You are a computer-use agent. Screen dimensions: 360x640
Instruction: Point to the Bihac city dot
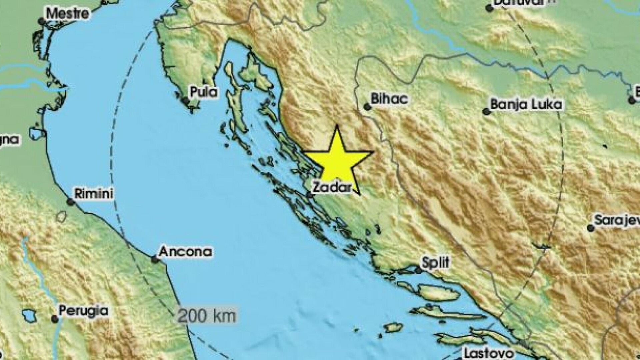tap(367, 107)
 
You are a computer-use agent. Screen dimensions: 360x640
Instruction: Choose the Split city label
tap(436, 262)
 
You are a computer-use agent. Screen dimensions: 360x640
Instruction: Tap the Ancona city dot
tap(155, 259)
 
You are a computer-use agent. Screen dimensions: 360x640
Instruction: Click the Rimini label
tap(93, 193)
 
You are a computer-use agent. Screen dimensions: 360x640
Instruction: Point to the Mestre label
tap(67, 14)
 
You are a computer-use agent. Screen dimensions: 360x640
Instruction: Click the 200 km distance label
tap(207, 315)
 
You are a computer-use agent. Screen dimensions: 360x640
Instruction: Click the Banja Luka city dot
tap(487, 112)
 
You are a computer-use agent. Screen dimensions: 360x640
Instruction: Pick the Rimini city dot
tap(70, 202)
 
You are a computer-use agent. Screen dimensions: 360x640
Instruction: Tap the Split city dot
tap(419, 270)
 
